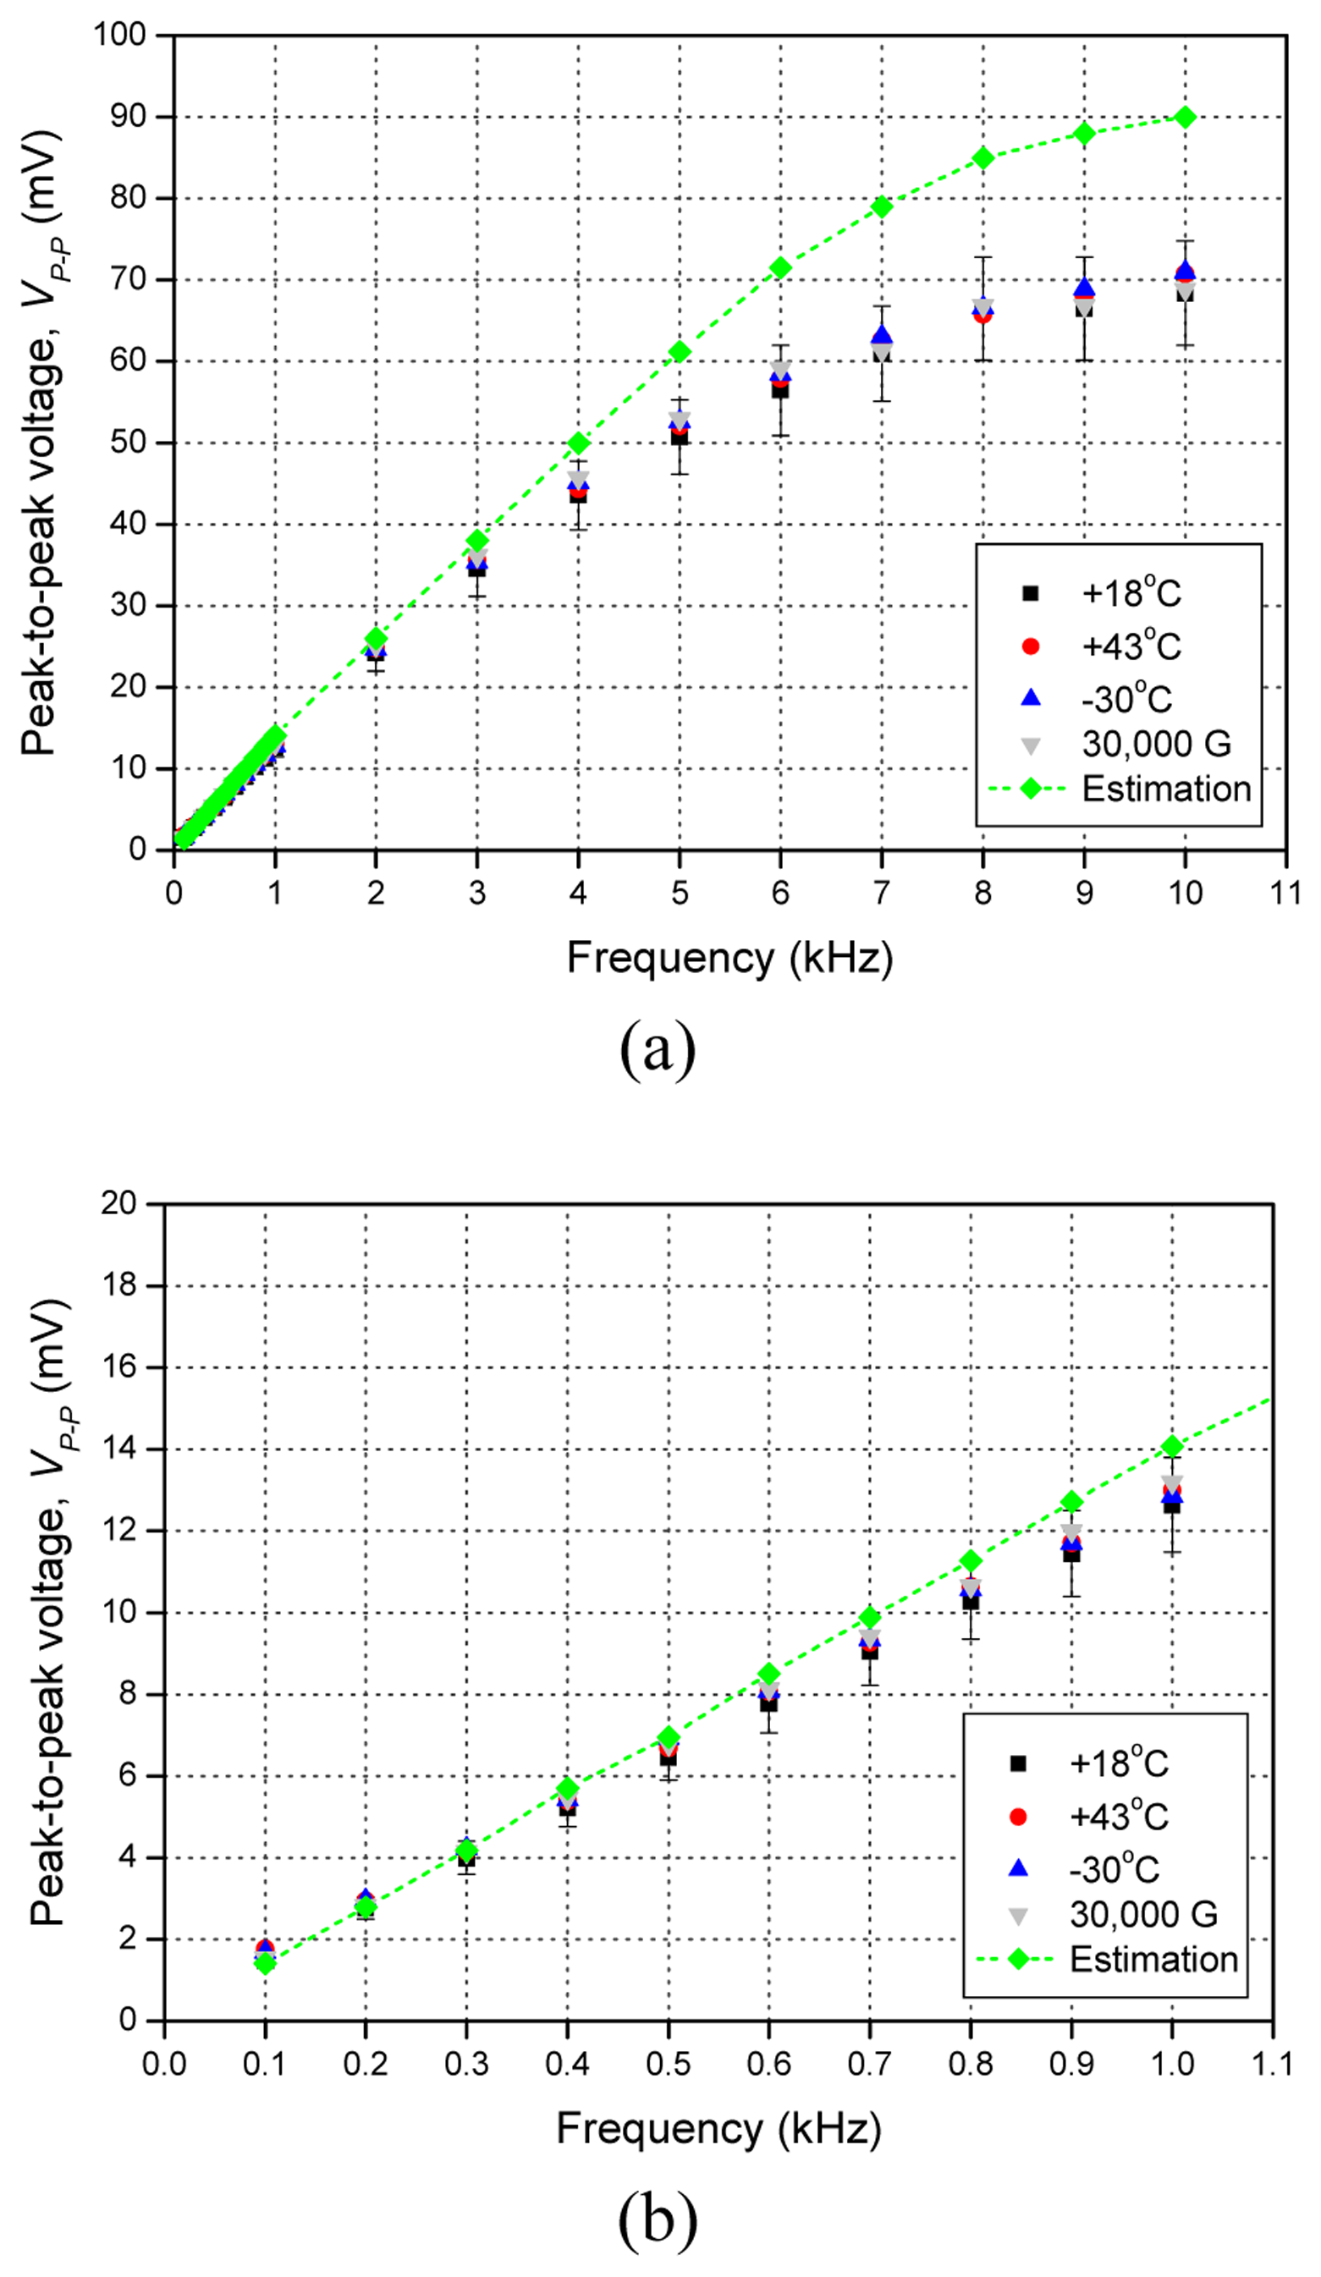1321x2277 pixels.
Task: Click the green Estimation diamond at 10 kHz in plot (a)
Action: (x=1185, y=118)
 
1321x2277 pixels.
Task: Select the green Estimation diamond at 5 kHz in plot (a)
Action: (x=680, y=352)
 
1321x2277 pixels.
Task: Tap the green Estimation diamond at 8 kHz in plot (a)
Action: (x=983, y=158)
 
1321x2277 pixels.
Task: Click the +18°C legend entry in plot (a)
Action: (x=1131, y=594)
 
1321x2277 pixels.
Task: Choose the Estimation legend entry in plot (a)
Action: (x=1165, y=789)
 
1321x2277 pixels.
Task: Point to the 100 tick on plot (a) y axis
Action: (x=120, y=36)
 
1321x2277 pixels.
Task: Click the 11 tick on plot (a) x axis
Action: (x=1285, y=894)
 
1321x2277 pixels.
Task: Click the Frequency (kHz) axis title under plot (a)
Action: (x=729, y=958)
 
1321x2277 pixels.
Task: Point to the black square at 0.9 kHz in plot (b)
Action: (x=1071, y=1554)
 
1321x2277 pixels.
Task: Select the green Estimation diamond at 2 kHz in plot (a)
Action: (x=376, y=639)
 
